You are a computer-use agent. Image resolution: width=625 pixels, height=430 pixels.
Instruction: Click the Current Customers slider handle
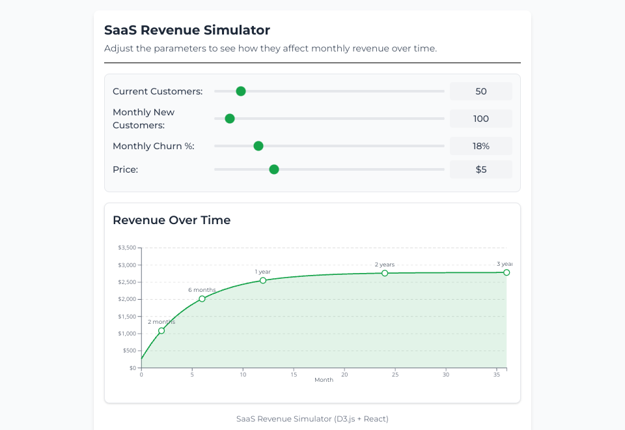pos(241,91)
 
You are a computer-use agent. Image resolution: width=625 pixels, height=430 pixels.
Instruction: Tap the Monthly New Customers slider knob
pos(230,119)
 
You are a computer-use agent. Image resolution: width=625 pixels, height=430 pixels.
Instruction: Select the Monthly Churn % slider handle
pos(258,146)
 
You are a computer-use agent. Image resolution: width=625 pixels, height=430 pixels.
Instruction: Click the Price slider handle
pos(274,169)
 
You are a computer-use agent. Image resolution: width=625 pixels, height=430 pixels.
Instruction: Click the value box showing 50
pos(481,91)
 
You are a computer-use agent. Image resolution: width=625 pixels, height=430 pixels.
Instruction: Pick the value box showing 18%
pos(481,146)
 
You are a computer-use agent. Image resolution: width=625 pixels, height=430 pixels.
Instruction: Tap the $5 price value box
pos(481,169)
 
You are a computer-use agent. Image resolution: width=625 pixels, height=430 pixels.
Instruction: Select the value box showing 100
pos(481,119)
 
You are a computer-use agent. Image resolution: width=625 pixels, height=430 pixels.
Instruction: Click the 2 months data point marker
pos(161,331)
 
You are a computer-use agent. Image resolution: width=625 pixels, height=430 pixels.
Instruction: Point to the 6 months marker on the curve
pos(202,299)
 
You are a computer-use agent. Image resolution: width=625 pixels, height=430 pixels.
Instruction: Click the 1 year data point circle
pos(263,280)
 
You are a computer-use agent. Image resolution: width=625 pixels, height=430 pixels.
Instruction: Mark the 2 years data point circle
pos(385,273)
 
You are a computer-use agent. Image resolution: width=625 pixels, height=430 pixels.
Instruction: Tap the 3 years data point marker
pos(507,272)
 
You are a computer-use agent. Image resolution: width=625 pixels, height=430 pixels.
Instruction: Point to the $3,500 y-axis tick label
pos(127,248)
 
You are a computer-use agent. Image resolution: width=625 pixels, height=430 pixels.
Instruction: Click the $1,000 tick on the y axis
pos(127,334)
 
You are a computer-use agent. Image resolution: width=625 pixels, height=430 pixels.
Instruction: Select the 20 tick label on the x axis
pos(344,375)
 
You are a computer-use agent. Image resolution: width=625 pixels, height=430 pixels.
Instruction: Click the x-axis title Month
pos(324,380)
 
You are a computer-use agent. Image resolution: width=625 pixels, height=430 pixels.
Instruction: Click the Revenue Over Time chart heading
pos(172,220)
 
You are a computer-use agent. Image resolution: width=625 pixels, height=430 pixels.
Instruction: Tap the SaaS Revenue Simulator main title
pos(187,30)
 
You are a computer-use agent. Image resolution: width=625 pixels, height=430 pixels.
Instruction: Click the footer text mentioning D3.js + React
pos(312,419)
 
